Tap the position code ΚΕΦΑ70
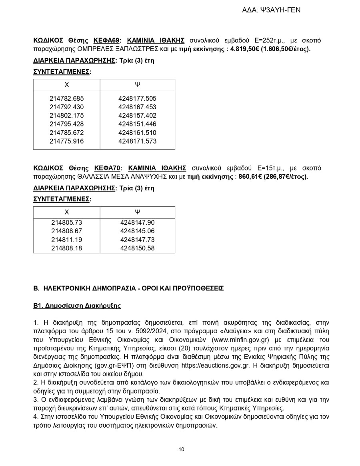[107, 168]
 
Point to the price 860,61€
[250, 176]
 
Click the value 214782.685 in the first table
[67, 98]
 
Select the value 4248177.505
[137, 98]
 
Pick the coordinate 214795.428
[67, 124]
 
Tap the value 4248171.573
[137, 141]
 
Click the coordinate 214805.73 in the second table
[67, 222]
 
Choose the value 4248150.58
[137, 248]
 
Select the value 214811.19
[67, 240]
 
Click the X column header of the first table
[67, 85]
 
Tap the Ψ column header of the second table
[137, 212]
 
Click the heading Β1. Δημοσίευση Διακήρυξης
[77, 306]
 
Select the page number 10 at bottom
[181, 449]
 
